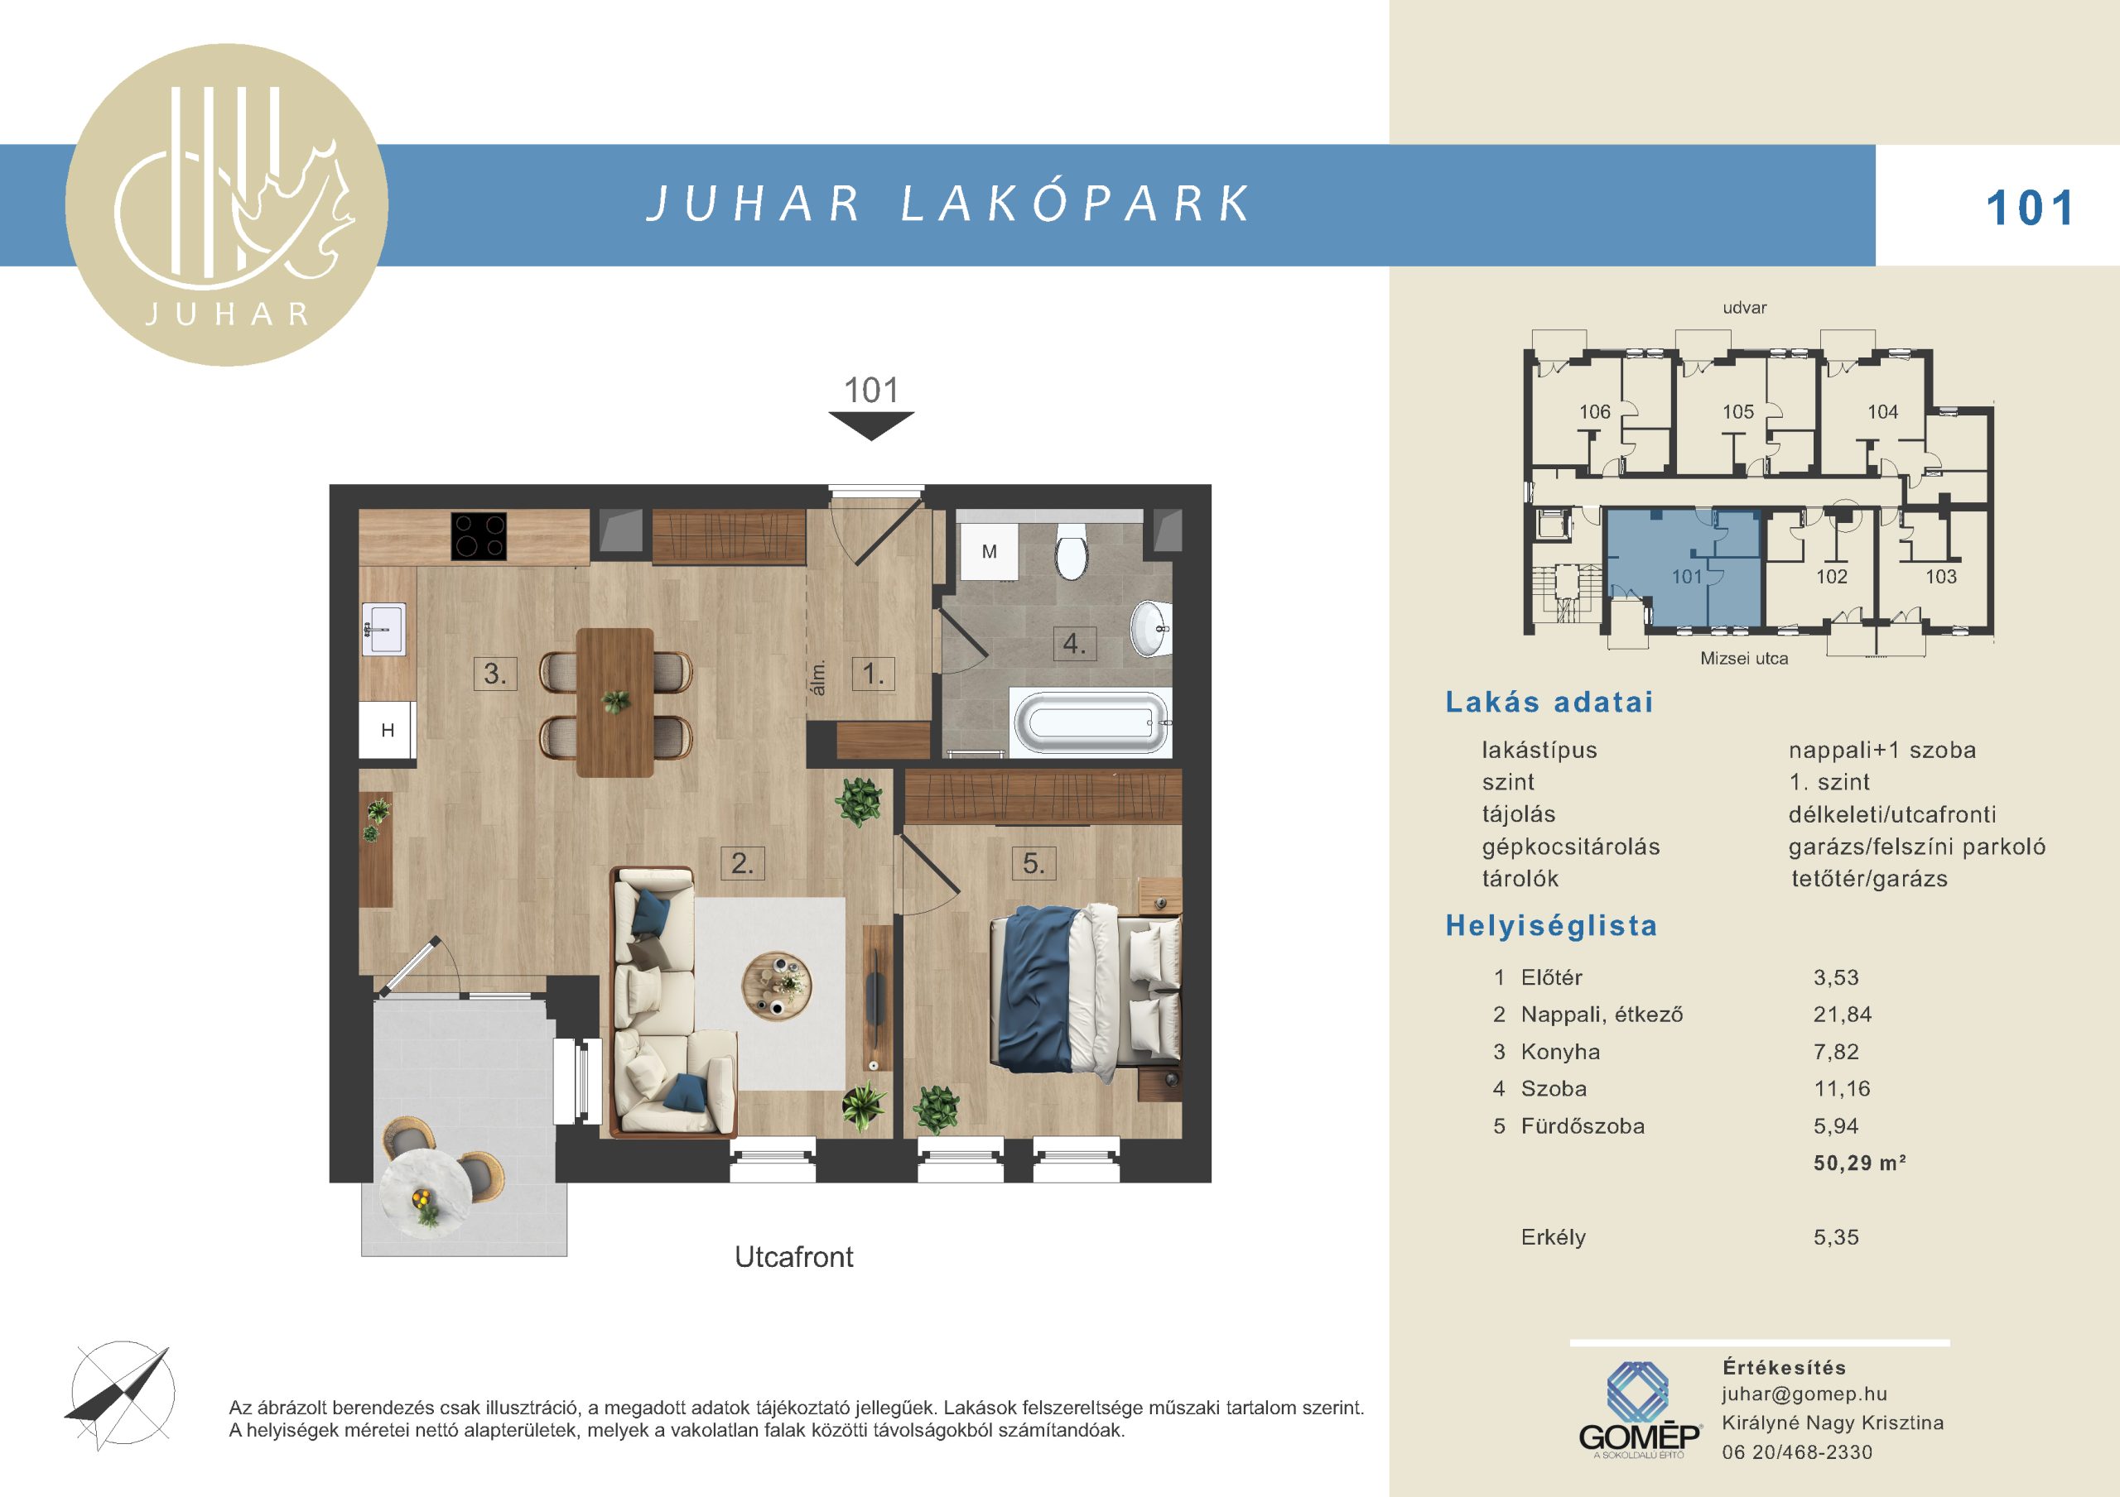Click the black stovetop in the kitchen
pos(479,536)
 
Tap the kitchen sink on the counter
pos(383,629)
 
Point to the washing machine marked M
pos(989,552)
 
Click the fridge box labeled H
pos(387,730)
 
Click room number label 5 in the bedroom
pos(1033,864)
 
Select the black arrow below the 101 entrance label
pos(870,425)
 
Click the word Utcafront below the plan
pos(794,1257)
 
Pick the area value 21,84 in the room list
pos(1842,1015)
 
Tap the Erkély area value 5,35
pos(1836,1236)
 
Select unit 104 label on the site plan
pos(1882,411)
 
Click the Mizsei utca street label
pos(1744,658)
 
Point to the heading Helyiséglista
pos(1551,926)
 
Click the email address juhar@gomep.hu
pos(1791,1394)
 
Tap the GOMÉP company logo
pos(1639,1409)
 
